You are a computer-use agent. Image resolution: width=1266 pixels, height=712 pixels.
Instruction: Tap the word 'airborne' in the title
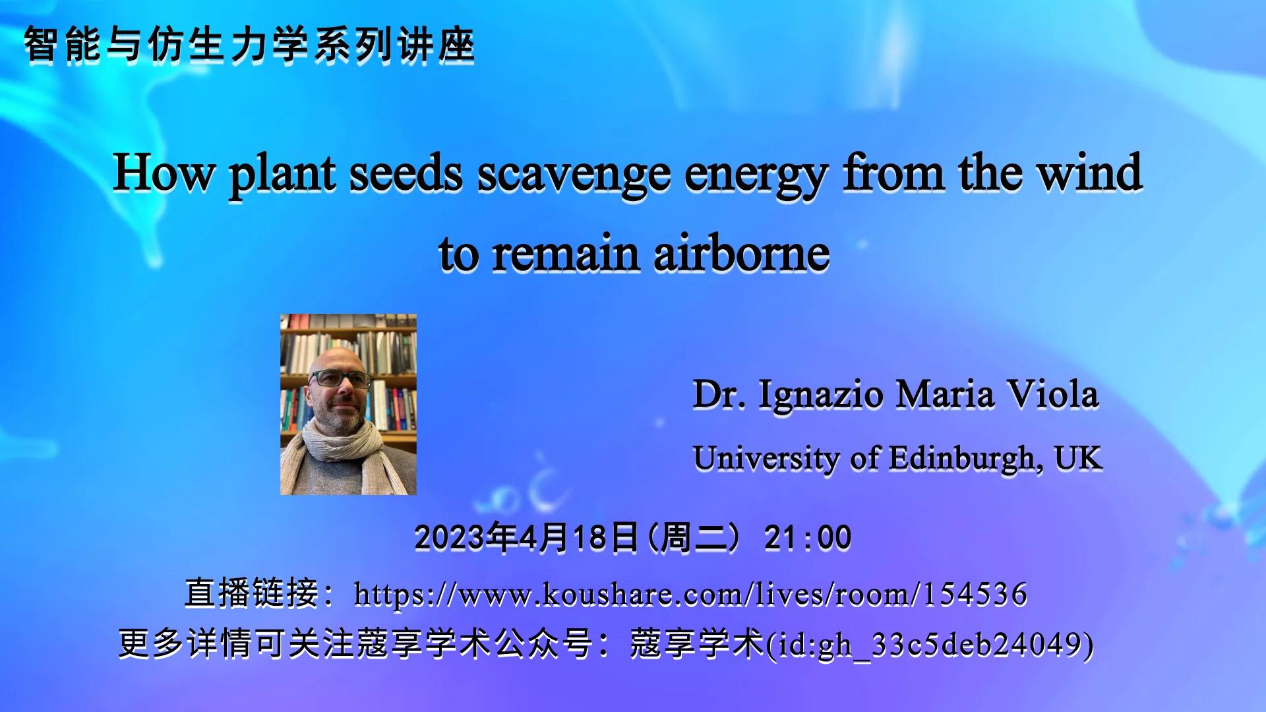pos(741,254)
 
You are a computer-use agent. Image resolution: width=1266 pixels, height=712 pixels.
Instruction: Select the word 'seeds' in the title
pos(405,173)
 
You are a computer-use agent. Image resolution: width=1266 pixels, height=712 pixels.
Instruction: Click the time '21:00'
pos(808,538)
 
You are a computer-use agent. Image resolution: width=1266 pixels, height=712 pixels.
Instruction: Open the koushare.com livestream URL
pos(690,594)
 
